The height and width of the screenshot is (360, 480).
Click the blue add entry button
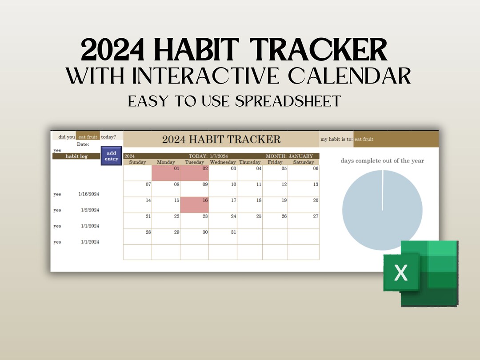click(111, 156)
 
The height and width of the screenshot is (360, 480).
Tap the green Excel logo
click(420, 273)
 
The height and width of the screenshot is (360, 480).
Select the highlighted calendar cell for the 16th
click(194, 205)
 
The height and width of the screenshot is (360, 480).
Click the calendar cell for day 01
click(166, 173)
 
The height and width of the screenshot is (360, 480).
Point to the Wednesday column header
click(223, 162)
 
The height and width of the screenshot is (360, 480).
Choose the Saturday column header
click(304, 162)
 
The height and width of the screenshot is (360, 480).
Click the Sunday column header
click(137, 162)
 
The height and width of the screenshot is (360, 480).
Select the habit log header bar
click(76, 156)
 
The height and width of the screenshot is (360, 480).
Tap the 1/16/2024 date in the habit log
click(89, 194)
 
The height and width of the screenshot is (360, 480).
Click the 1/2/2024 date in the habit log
click(90, 210)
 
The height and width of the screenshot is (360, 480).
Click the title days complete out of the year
click(382, 160)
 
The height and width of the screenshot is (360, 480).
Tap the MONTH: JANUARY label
click(289, 156)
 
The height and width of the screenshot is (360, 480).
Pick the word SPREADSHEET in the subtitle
click(288, 101)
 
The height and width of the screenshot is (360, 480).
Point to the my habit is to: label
click(336, 139)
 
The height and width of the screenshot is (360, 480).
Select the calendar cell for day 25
click(249, 220)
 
